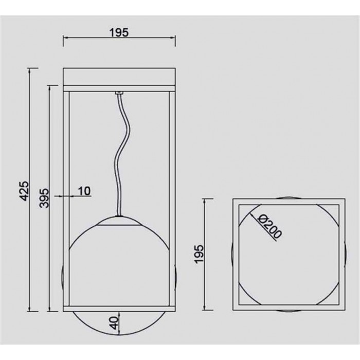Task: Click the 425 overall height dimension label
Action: pos(24,191)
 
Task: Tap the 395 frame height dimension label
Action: pos(44,198)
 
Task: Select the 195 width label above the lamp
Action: pos(119,32)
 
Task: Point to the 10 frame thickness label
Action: pos(84,191)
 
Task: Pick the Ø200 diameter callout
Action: pos(269,227)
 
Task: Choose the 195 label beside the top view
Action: pos(199,254)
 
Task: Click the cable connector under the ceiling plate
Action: pos(119,93)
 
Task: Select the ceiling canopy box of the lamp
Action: pos(119,77)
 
